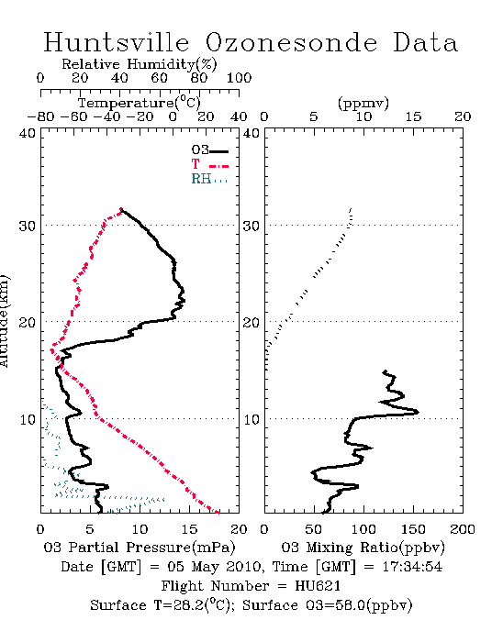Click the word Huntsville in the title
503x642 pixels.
[117, 42]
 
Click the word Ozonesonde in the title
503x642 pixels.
[291, 42]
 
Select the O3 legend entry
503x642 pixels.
[209, 150]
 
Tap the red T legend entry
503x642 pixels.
[209, 164]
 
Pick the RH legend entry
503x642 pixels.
[209, 179]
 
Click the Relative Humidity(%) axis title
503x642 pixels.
[140, 64]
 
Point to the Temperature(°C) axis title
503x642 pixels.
[140, 103]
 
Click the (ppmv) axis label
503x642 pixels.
[363, 103]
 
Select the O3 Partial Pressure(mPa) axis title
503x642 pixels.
[140, 548]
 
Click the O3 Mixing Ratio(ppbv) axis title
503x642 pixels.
[363, 548]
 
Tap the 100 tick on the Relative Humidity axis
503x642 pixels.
[239, 78]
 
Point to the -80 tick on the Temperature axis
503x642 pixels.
[40, 116]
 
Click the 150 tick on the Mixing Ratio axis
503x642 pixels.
[413, 529]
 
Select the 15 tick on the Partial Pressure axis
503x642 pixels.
[189, 529]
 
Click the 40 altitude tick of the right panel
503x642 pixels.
[251, 134]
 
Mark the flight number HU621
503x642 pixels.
[318, 586]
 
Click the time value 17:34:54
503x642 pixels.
[412, 567]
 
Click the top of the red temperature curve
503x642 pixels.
[121, 210]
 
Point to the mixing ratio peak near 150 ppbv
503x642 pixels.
[416, 412]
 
